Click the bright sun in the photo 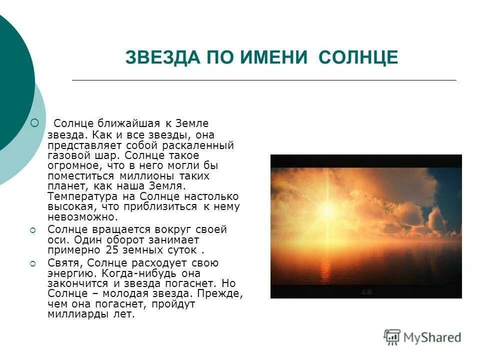pos(328,208)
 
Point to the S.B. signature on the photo pos(367,291)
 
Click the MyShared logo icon pos(392,337)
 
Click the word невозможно pos(82,217)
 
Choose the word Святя pos(62,263)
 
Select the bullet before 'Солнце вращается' pos(33,230)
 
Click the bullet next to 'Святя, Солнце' pos(33,263)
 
